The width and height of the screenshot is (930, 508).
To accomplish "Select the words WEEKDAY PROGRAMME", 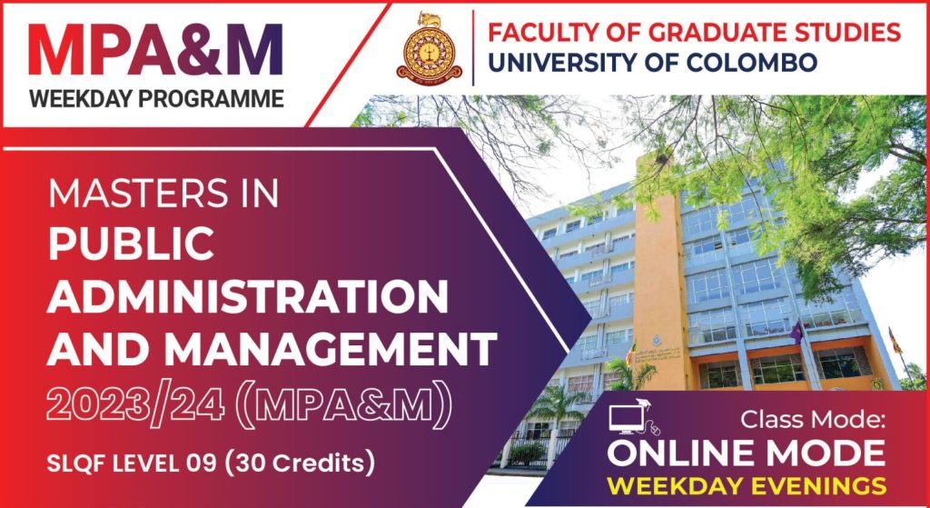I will coord(155,99).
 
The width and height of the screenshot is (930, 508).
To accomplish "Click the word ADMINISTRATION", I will coord(247,295).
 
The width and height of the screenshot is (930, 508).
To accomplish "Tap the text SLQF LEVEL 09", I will coord(136,463).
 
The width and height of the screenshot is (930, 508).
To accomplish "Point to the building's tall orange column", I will coord(660,273).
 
